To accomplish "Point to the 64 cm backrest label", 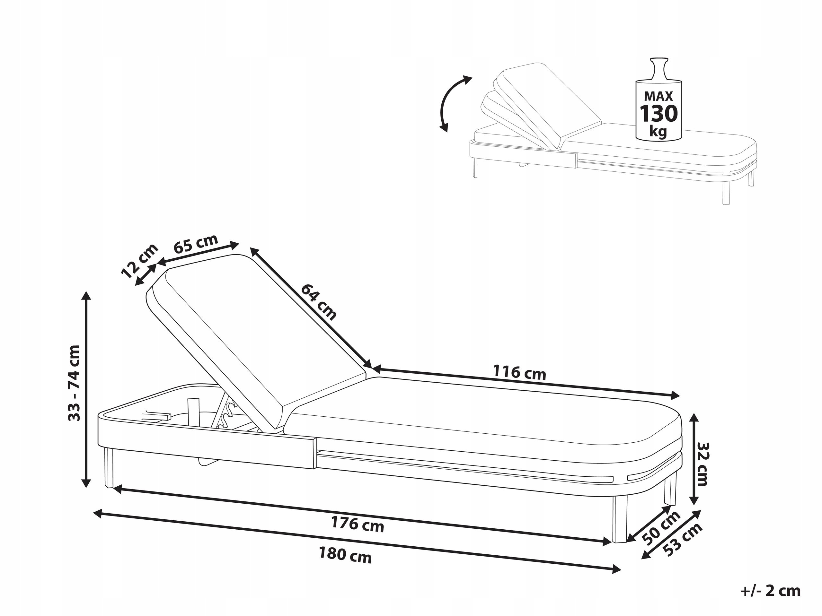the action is (318, 302).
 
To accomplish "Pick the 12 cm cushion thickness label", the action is (140, 261).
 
